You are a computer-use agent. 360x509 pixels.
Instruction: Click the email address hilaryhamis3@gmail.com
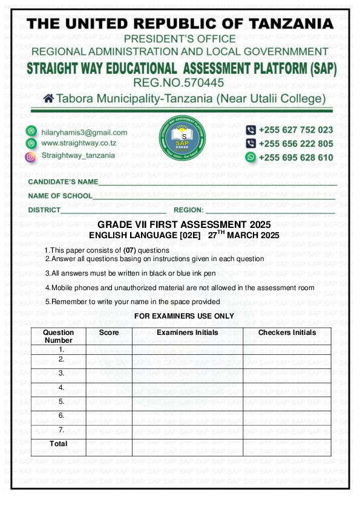coord(84,132)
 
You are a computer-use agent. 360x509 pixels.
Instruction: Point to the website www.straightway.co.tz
coord(79,143)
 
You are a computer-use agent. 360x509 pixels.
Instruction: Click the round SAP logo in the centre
coord(182,137)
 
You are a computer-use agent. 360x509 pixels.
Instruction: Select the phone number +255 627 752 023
coord(296,130)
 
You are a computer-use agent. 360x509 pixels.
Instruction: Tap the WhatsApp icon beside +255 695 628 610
coord(250,157)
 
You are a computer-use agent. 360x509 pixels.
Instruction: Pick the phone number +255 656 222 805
coord(296,144)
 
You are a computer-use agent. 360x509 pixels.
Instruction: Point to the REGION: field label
coord(188,210)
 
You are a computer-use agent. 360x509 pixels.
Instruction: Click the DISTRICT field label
coord(44,210)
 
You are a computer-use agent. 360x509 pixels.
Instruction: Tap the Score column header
coord(109,332)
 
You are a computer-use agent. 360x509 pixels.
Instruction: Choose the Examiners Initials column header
coord(187,332)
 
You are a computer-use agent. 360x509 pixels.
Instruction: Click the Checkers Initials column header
coord(287,332)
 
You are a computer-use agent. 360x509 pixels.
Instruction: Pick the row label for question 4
coord(61,387)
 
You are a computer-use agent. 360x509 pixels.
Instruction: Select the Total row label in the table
coord(59,443)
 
